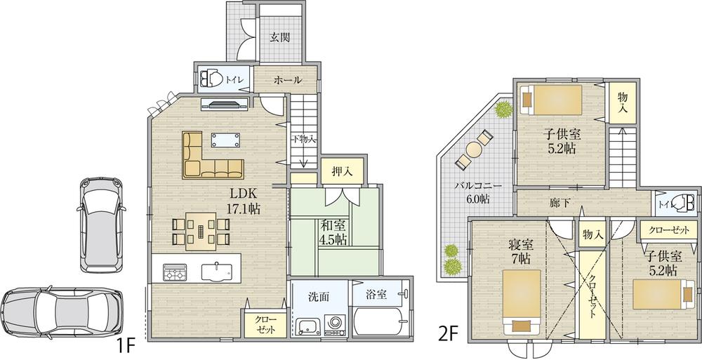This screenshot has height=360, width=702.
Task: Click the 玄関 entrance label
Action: point(280,38)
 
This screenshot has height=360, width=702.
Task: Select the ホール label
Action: point(277,81)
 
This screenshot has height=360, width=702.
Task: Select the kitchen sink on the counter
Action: point(217,270)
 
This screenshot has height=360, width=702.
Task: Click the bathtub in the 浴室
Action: point(380,325)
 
